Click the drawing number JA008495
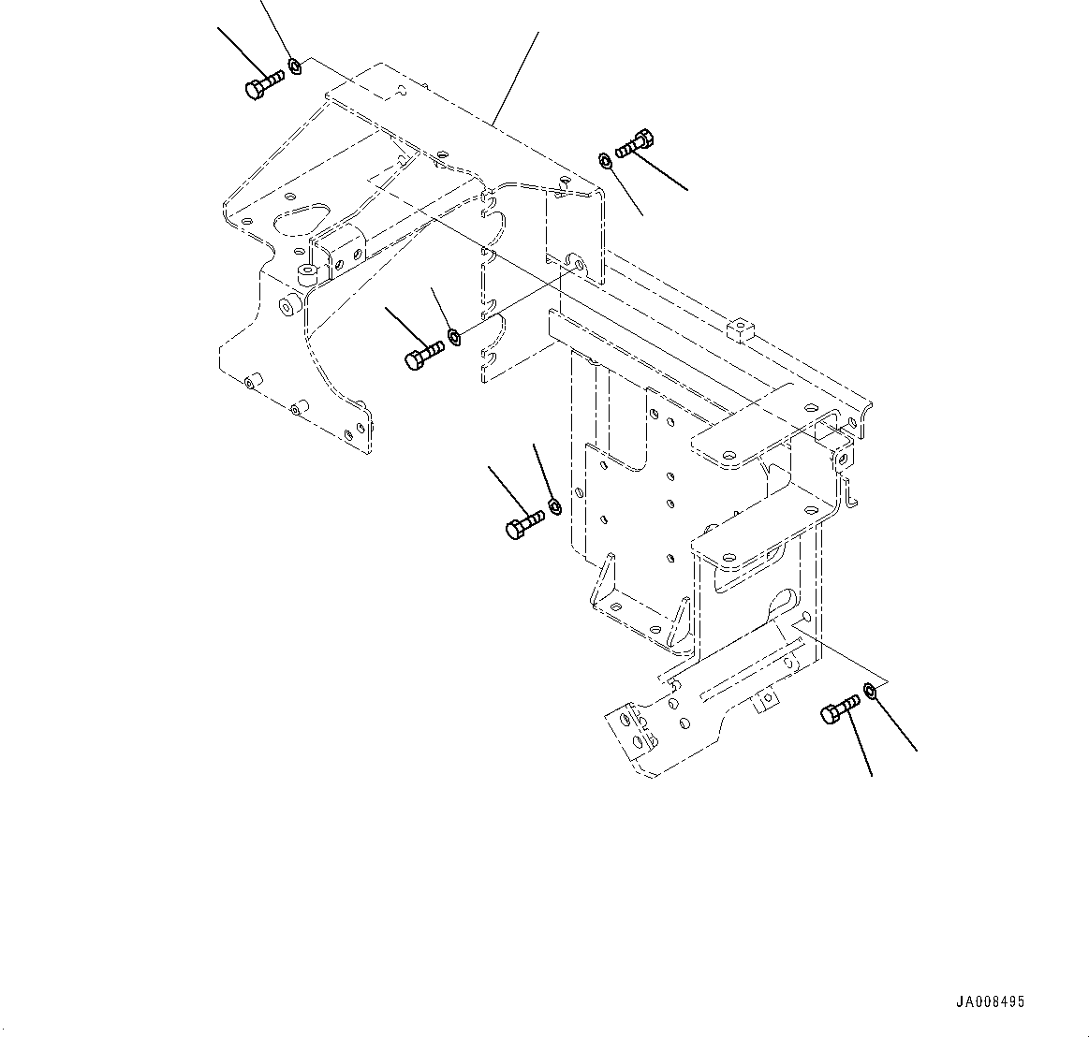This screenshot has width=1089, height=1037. (990, 1001)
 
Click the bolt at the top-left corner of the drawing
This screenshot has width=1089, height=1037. (262, 85)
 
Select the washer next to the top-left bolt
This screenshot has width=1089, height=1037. (295, 66)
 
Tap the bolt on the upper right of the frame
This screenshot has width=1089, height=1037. (635, 144)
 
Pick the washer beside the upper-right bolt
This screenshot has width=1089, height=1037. (606, 161)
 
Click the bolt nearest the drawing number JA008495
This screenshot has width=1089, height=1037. (840, 709)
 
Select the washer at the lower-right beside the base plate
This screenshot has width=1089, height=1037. (870, 691)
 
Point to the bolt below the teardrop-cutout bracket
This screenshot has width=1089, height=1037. (424, 355)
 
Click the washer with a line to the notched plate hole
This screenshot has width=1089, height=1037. (454, 336)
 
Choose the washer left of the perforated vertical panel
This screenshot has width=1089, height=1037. (553, 506)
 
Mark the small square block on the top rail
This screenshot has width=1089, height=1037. (739, 329)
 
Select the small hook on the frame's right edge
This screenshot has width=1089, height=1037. (850, 493)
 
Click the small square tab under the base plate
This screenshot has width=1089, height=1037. (767, 699)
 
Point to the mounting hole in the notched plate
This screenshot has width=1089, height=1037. (574, 265)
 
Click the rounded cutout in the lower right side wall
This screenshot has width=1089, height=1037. (783, 606)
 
